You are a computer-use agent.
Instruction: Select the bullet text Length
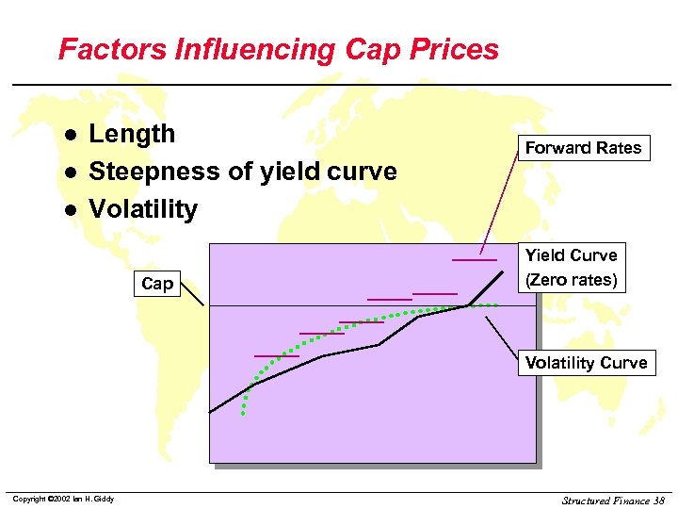(132, 134)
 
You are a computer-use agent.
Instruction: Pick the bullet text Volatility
(143, 209)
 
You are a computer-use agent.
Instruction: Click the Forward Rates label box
(583, 148)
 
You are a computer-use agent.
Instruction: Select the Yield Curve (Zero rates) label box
(571, 268)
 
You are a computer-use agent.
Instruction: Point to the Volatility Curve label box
(586, 363)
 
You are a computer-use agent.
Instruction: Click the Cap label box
(156, 283)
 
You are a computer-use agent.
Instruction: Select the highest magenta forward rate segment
(474, 258)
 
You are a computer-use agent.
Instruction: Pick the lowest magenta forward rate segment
(277, 356)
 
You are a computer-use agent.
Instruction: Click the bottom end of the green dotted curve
(244, 413)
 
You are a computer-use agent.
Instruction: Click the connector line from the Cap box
(194, 294)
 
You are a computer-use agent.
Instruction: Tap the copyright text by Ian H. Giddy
(63, 499)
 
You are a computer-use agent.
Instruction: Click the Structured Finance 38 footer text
(612, 500)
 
